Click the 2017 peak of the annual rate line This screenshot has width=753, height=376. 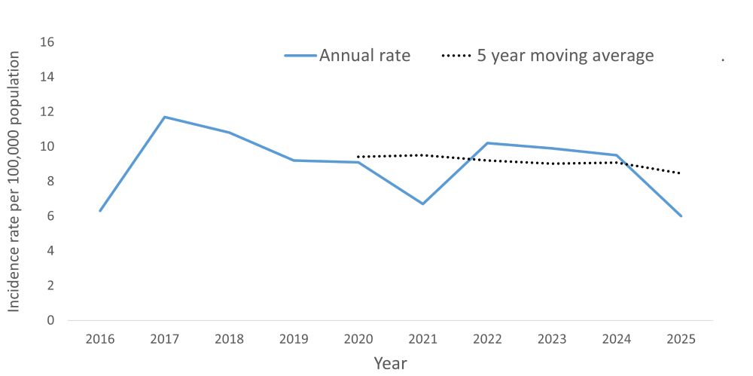coord(165,117)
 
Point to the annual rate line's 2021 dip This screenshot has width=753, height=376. coord(423,203)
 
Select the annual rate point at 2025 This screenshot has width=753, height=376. coord(681,216)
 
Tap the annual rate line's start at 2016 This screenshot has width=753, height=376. coord(100,210)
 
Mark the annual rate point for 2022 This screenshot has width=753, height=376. coord(488,143)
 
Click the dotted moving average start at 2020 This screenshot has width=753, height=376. coord(358,157)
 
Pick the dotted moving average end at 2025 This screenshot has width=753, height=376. coord(681,173)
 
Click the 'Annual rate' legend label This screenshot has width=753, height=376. coord(364,56)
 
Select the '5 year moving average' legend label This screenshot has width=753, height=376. coord(566,56)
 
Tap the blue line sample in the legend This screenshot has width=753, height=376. coord(300,56)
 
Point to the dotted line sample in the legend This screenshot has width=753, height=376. coord(456,56)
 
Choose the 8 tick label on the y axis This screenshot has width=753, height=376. coord(50,181)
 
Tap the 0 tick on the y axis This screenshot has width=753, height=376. coord(50,320)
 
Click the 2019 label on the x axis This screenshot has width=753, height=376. coord(294,339)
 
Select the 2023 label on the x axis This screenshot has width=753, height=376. coord(552,339)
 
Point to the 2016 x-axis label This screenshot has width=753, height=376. coord(100,339)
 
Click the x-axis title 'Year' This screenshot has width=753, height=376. coord(390,363)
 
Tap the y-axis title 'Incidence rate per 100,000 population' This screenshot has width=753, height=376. coord(14,181)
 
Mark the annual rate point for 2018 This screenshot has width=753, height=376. coord(229,133)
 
